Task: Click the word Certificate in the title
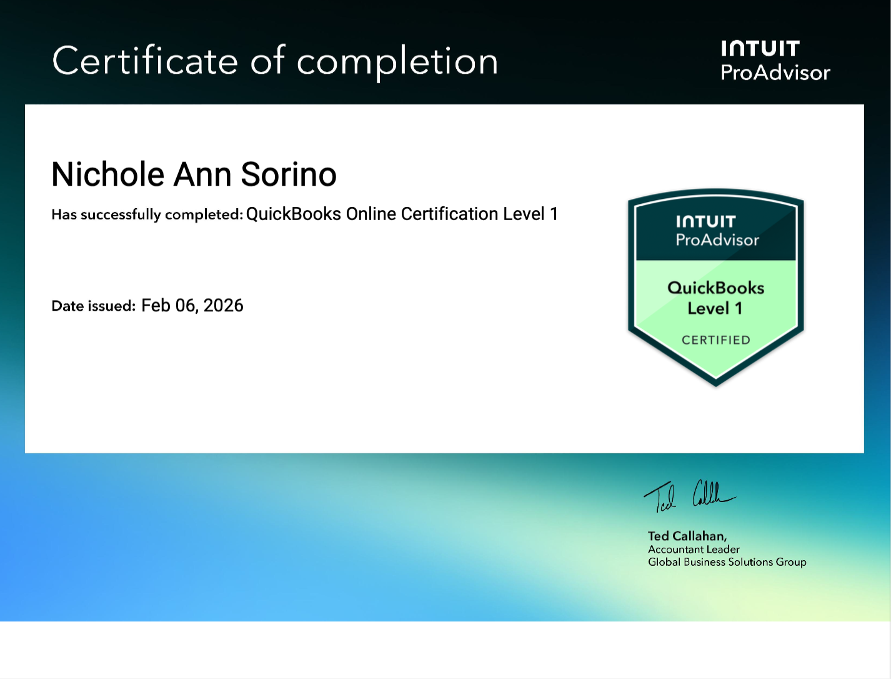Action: coord(145,61)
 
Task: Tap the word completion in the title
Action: coord(397,63)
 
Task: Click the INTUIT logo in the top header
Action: coord(760,49)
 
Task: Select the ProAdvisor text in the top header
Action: coord(775,73)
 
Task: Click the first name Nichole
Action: coord(107,174)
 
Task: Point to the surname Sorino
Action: coord(288,174)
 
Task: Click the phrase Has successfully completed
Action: coord(147,214)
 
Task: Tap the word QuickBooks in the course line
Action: coord(293,214)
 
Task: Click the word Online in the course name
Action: coord(371,214)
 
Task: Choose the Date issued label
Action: coord(93,306)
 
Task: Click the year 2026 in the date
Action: coord(223,305)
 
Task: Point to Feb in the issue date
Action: coord(156,305)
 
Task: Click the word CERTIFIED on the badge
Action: coord(715,340)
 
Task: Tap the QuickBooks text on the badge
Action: coord(715,288)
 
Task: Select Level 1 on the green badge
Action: coord(715,308)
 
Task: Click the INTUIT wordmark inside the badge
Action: coord(705,222)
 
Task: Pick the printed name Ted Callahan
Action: coord(687,536)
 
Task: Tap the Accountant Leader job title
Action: coord(694,550)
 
